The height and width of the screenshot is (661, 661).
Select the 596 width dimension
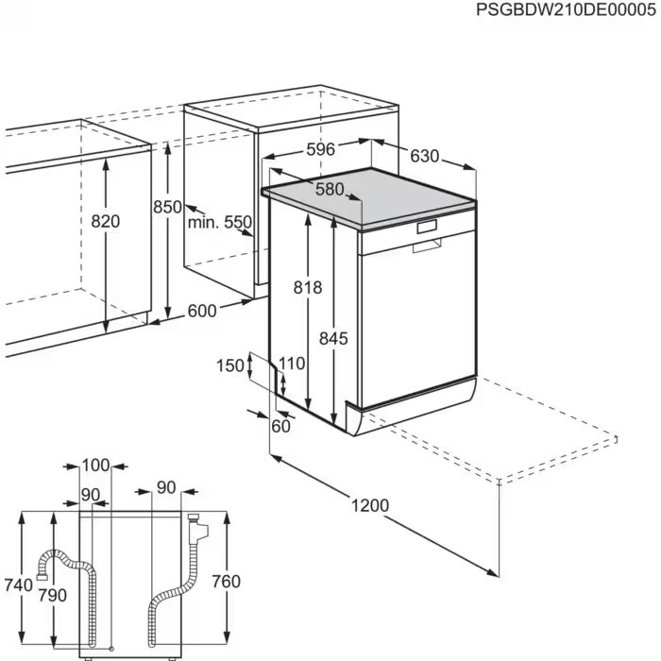320,150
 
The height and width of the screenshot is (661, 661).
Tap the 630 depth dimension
425,156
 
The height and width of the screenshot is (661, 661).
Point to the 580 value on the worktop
330,189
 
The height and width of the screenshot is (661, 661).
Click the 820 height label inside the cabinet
106,221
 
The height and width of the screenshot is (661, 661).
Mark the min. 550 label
218,223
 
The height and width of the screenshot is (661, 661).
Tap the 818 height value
308,287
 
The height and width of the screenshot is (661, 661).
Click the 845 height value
333,337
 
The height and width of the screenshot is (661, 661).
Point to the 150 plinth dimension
229,366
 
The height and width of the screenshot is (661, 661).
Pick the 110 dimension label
292,363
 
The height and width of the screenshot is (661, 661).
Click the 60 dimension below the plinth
280,426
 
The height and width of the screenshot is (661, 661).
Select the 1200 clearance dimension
370,505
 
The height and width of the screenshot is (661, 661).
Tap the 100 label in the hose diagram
94,465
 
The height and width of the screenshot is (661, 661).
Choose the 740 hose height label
18,585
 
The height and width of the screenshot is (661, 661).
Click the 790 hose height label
53,595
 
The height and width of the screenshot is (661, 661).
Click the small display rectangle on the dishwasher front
427,227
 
